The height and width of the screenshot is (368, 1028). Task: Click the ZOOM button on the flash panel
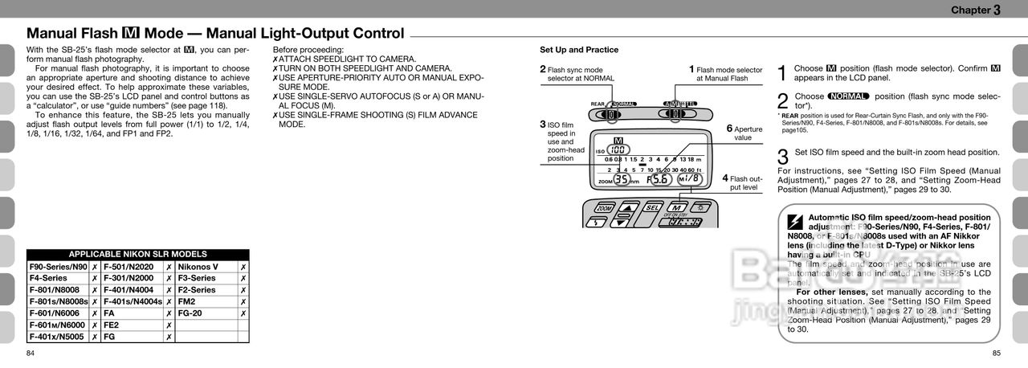(604, 208)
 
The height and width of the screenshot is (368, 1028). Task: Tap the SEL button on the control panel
(652, 207)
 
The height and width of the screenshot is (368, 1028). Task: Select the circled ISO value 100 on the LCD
(618, 150)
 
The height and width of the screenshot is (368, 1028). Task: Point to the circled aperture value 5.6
(660, 179)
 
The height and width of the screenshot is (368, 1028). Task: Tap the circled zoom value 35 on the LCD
(622, 179)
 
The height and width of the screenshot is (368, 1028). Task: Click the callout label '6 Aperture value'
(745, 133)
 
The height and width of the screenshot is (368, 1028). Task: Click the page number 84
(31, 354)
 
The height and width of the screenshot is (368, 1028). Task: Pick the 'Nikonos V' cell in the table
(198, 267)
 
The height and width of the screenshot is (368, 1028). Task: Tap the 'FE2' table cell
(111, 325)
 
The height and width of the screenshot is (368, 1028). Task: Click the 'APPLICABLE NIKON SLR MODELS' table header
(137, 254)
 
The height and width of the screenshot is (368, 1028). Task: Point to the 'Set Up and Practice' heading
(578, 50)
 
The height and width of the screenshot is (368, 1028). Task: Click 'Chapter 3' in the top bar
(975, 10)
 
